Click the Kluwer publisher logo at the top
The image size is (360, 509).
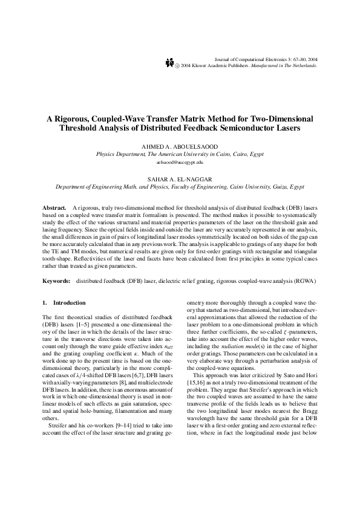(x=169, y=63)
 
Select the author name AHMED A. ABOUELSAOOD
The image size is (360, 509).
(x=180, y=148)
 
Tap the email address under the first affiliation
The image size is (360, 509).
(x=180, y=163)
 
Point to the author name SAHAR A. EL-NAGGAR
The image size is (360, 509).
(x=180, y=180)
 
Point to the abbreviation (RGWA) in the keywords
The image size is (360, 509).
(x=303, y=281)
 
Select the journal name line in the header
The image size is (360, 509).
(x=266, y=59)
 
